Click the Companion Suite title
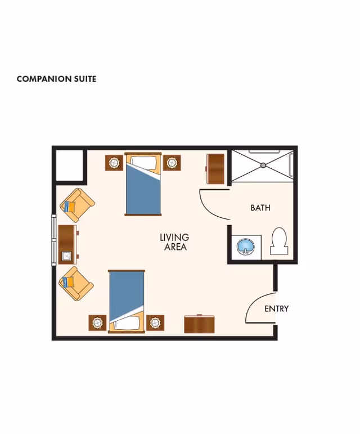[x=56, y=79]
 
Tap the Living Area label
[x=174, y=242]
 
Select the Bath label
[x=260, y=208]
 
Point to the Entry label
[x=276, y=308]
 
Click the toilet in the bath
[x=279, y=241]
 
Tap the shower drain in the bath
[x=263, y=165]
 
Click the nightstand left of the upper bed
[x=114, y=163]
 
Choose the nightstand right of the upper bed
[x=171, y=163]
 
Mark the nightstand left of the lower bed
[x=97, y=323]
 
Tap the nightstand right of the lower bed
[x=155, y=323]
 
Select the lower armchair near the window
[x=76, y=283]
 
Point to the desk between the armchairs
[x=67, y=244]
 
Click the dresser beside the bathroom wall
[x=216, y=168]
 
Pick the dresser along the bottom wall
[x=200, y=324]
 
